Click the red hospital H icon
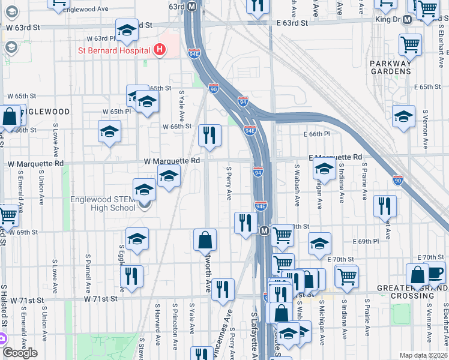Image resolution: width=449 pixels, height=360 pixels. pos(159,50)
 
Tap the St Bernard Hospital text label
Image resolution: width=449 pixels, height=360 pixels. pos(114,50)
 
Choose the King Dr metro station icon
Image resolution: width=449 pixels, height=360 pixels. pos(407,19)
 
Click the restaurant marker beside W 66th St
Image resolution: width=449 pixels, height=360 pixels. pos(209,134)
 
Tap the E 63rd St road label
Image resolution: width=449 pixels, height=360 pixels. pos(288,22)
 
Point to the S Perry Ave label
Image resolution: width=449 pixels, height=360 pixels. pos(229,184)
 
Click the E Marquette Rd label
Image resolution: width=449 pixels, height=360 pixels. pos(336,157)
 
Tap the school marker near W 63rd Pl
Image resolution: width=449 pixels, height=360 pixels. pos(127,31)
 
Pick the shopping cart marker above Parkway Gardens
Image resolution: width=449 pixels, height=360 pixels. pos(410,43)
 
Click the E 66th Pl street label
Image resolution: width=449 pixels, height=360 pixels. pos(317,134)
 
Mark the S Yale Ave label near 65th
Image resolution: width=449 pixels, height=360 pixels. pos(181,105)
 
